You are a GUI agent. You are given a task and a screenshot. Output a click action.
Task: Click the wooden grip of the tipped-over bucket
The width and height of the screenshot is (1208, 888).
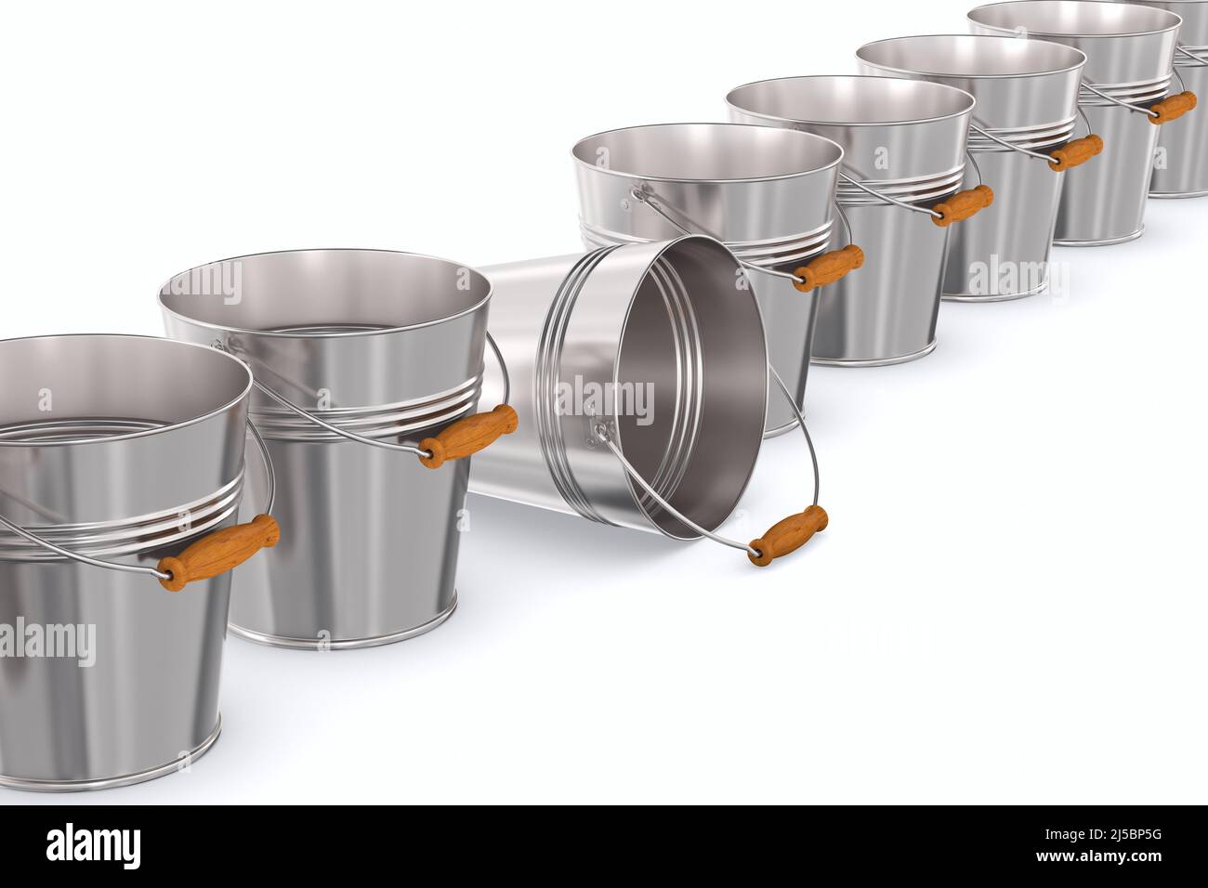pos(788,535)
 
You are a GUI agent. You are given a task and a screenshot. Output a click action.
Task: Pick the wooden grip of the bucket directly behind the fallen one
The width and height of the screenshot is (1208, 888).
pos(828,267)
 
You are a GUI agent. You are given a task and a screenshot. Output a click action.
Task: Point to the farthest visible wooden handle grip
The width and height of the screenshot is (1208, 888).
pos(1172,108)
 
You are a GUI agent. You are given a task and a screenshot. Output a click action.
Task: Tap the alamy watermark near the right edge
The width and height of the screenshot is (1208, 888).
pos(1018,276)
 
